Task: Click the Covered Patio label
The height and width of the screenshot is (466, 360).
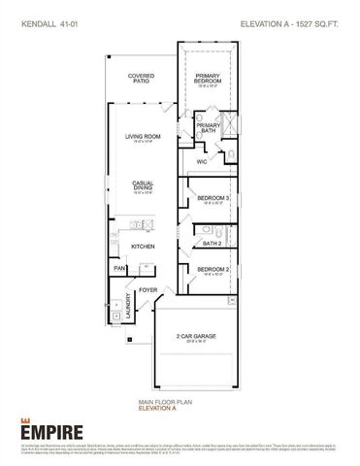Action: (x=142, y=78)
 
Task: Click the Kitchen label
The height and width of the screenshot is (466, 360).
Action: (x=144, y=247)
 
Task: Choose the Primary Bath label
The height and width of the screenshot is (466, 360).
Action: (x=208, y=127)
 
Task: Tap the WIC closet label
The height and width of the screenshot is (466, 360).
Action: (x=202, y=162)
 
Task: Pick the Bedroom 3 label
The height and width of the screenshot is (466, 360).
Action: (x=213, y=198)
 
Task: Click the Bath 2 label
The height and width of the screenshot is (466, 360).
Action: (x=211, y=243)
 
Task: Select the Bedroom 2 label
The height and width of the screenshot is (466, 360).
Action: (x=213, y=269)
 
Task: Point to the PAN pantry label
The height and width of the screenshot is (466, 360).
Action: (x=119, y=268)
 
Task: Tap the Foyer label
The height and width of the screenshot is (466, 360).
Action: (x=147, y=289)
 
